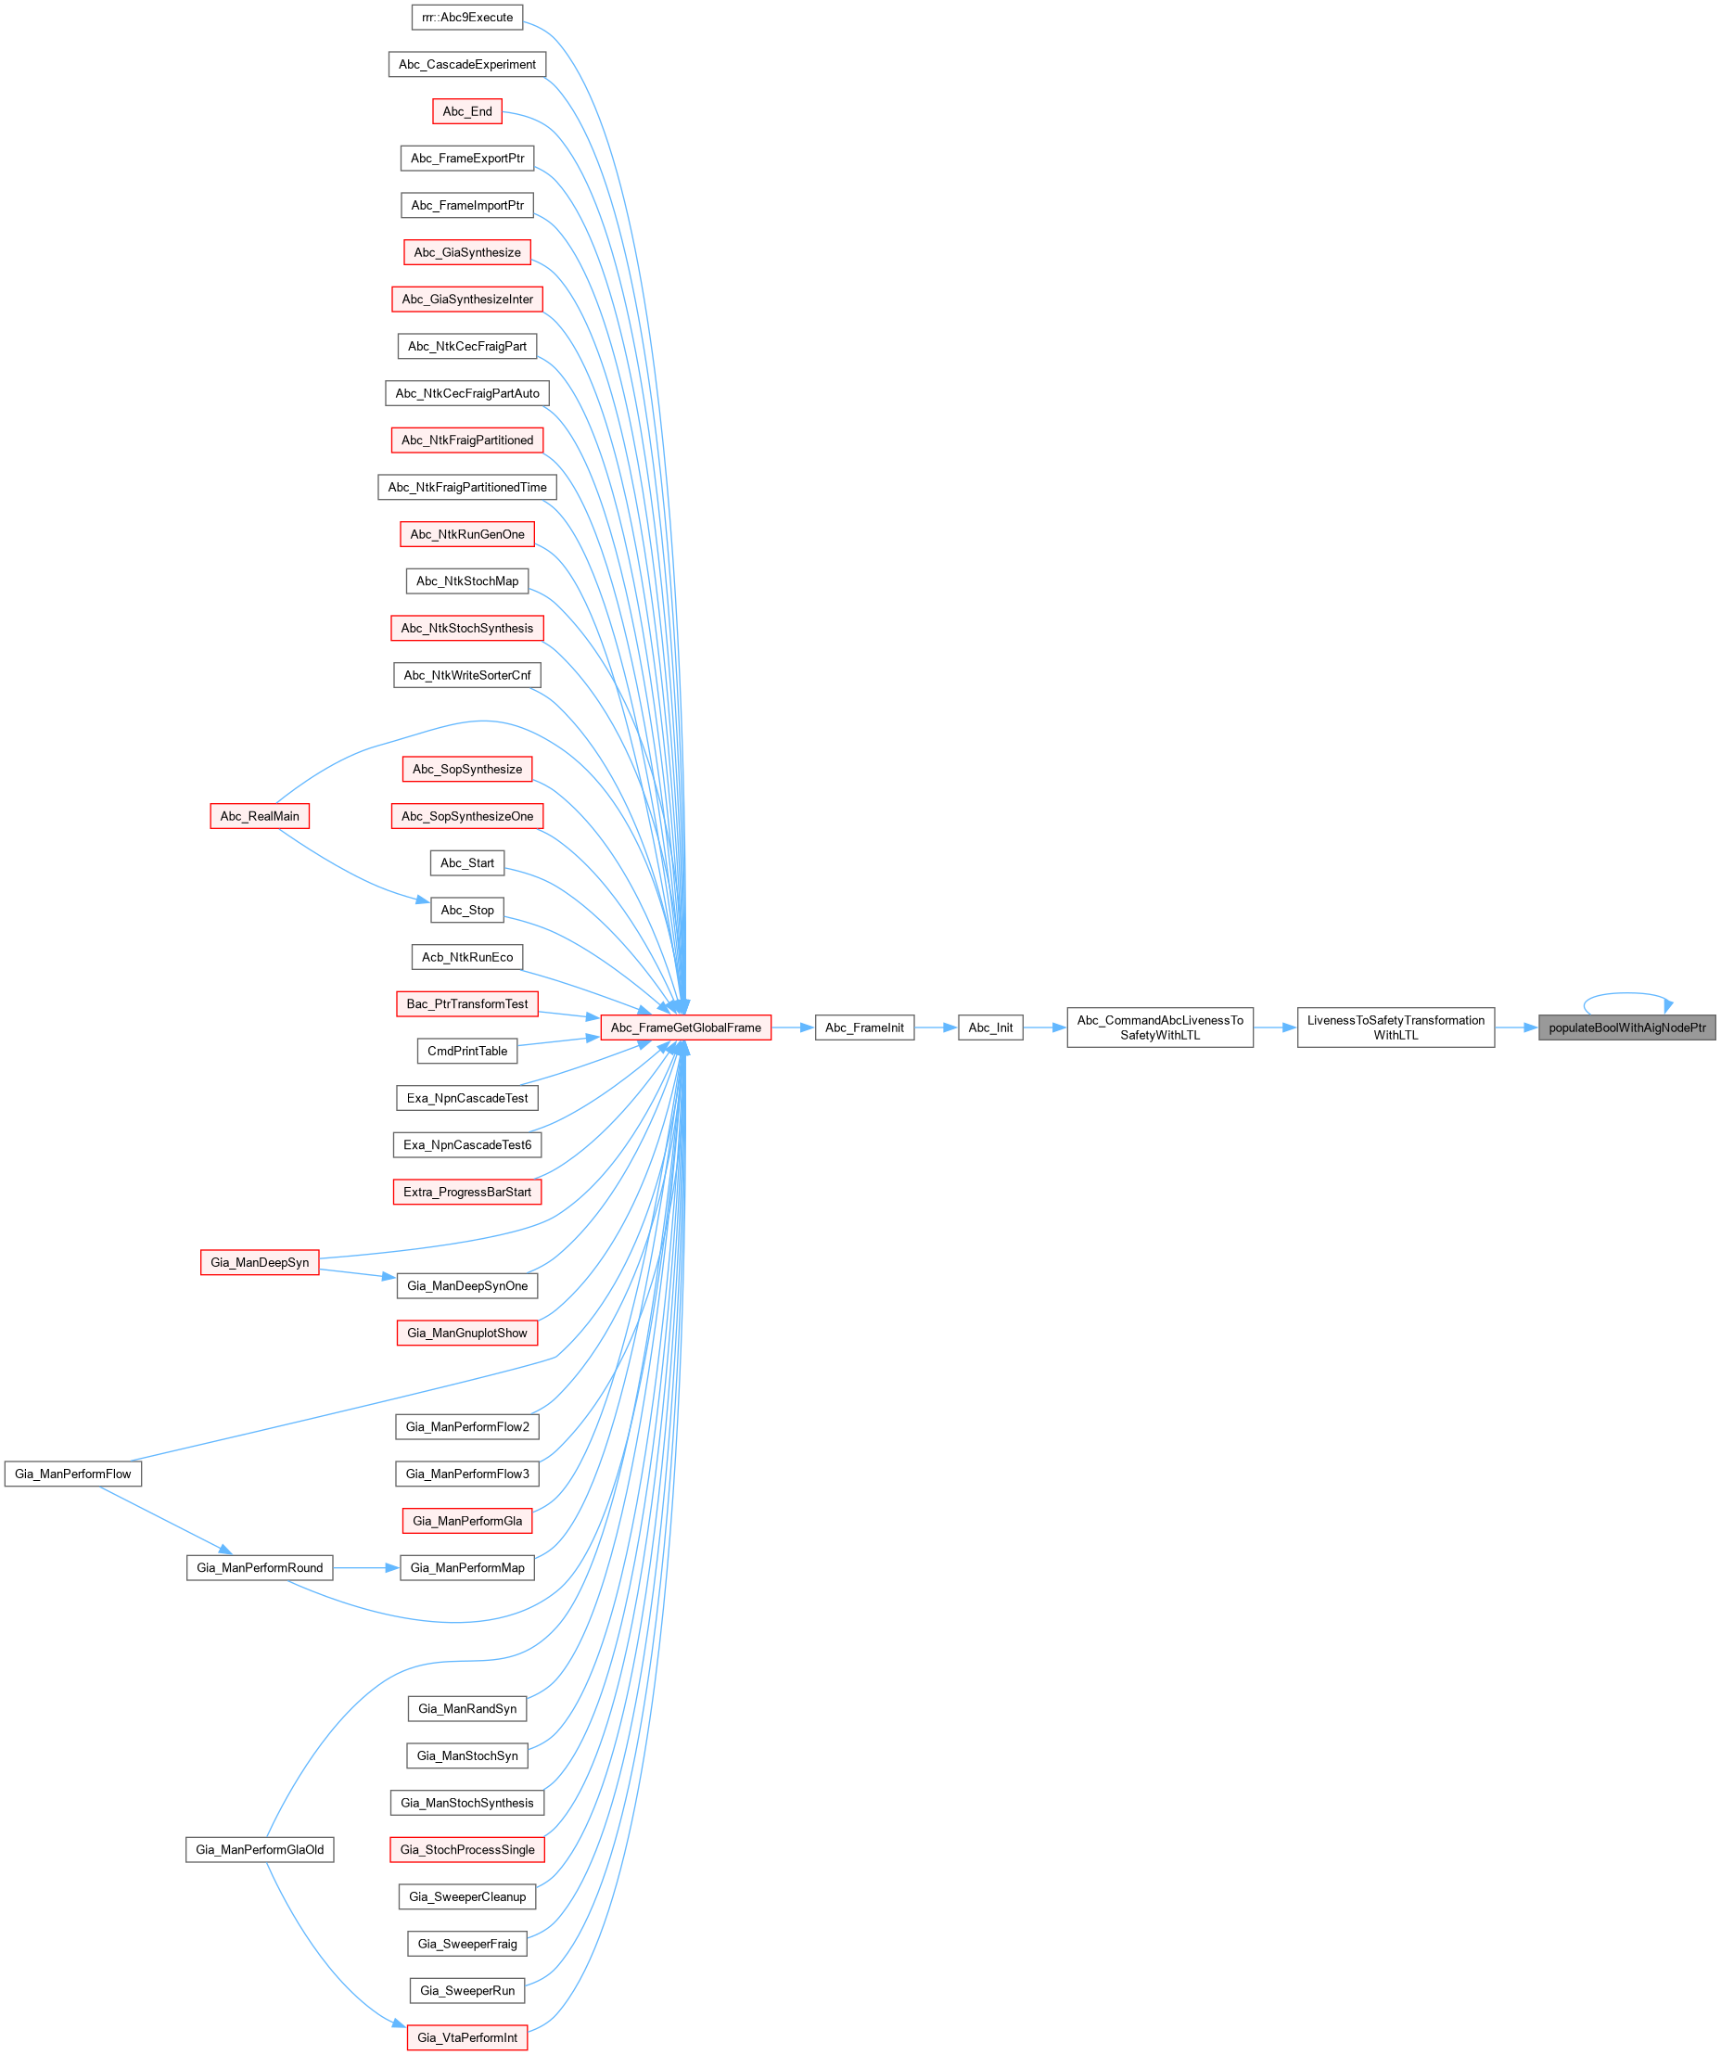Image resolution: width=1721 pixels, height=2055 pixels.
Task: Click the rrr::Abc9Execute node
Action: pyautogui.click(x=466, y=18)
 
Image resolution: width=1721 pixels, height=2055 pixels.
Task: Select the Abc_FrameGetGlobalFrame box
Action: pyautogui.click(x=685, y=1027)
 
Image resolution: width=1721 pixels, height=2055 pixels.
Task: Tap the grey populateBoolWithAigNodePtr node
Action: pyautogui.click(x=1626, y=1027)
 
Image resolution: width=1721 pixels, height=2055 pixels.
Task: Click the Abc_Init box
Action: pyautogui.click(x=990, y=1027)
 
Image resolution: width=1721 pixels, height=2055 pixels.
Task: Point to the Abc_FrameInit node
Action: pyautogui.click(x=864, y=1027)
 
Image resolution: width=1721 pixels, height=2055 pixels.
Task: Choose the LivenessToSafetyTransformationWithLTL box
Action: pyautogui.click(x=1396, y=1027)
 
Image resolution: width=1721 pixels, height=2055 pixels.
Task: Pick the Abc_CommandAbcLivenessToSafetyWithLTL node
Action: pyautogui.click(x=1159, y=1027)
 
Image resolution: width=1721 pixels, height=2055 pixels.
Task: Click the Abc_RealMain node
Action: pyautogui.click(x=260, y=816)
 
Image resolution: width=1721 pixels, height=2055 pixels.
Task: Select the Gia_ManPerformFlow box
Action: pyautogui.click(x=72, y=1474)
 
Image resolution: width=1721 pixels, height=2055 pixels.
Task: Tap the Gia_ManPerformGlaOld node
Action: pyautogui.click(x=260, y=1849)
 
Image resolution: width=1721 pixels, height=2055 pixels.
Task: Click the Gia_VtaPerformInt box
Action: pyautogui.click(x=466, y=2037)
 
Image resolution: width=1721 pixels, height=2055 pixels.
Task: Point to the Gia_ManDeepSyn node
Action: pyautogui.click(x=260, y=1262)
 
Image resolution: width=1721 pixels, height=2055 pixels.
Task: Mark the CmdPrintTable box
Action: pyautogui.click(x=466, y=1051)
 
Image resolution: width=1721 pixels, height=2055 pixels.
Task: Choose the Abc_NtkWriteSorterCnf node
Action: pyautogui.click(x=466, y=675)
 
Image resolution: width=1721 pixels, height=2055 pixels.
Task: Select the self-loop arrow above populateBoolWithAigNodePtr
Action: pyautogui.click(x=1626, y=995)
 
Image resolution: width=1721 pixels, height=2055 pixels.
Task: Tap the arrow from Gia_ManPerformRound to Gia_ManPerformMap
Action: pyautogui.click(x=366, y=1567)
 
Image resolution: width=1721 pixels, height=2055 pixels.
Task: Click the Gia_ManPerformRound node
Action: pyautogui.click(x=260, y=1567)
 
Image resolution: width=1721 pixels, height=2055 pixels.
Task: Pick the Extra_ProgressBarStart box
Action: pyautogui.click(x=466, y=1192)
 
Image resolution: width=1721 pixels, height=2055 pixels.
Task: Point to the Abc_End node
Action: pyautogui.click(x=466, y=111)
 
